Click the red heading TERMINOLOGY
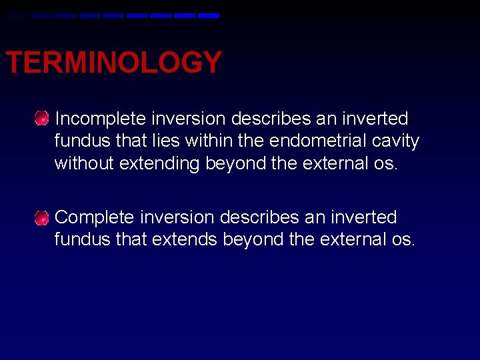pos(113,63)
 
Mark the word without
pos(84,164)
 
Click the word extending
pos(159,164)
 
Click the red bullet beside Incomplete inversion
pos(42,119)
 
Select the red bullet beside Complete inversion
pos(42,218)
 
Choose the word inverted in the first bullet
pos(374,119)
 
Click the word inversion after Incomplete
pos(189,119)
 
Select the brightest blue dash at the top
pos(209,15)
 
